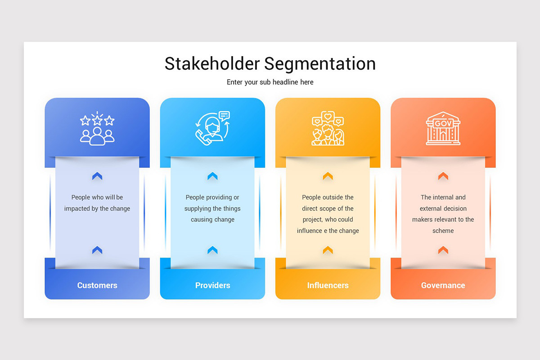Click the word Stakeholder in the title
[212, 63]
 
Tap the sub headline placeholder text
[270, 82]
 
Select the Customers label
[97, 285]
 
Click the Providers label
[212, 285]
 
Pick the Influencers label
[328, 285]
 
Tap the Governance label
[443, 285]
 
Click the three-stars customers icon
[97, 129]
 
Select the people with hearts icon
[328, 129]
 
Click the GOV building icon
[443, 129]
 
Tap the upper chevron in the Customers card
[97, 176]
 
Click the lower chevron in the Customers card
[97, 250]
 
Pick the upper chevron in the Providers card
[212, 176]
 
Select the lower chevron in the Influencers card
[328, 250]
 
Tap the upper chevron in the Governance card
[443, 176]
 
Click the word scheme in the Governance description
[443, 231]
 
